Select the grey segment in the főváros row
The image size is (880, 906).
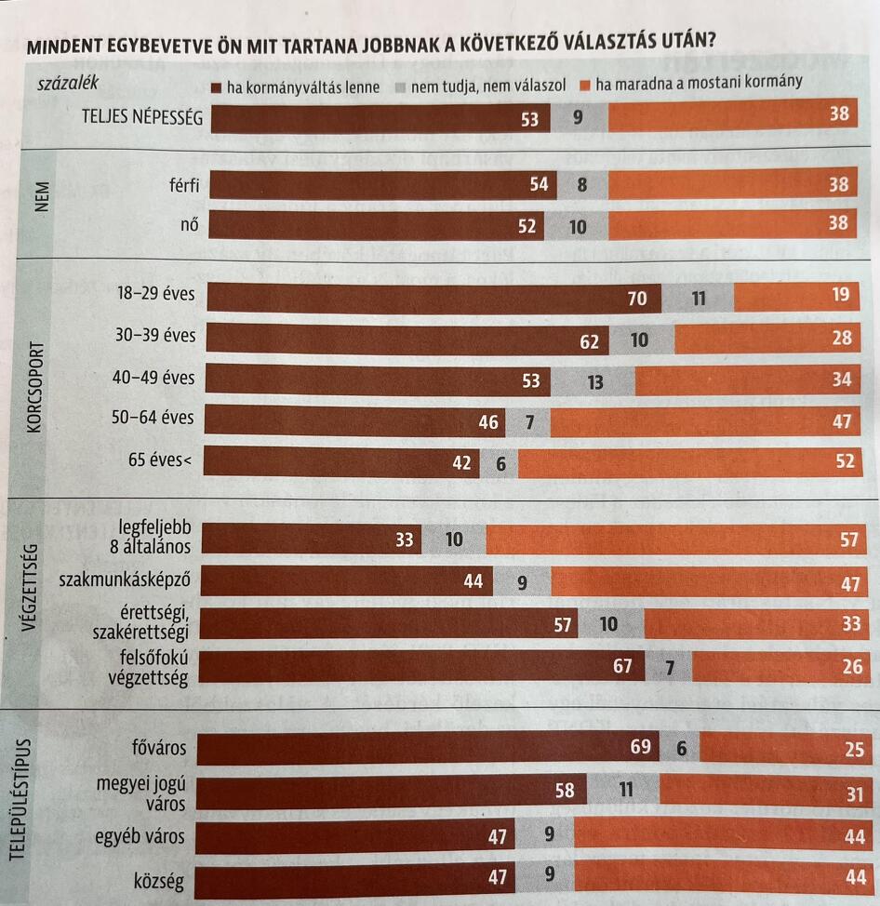[679, 748]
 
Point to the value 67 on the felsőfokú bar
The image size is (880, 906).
[622, 666]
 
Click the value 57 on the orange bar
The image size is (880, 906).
[849, 540]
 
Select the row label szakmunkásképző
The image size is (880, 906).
[125, 580]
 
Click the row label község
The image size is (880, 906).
[159, 877]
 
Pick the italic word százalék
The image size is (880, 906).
[67, 83]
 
